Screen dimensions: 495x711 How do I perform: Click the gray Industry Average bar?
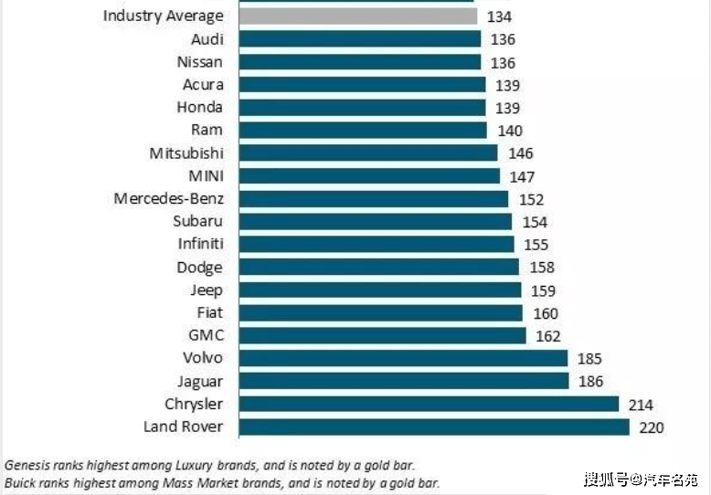pyautogui.click(x=357, y=16)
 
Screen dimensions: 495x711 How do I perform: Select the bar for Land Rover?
pyautogui.click(x=434, y=427)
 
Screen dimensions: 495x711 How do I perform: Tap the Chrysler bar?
pyautogui.click(x=429, y=404)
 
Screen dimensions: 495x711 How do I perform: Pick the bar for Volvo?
pyautogui.click(x=403, y=358)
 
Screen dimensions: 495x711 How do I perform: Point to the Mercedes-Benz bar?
pyautogui.click(x=373, y=198)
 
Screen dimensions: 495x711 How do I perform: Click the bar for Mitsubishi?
pyautogui.click(x=367, y=153)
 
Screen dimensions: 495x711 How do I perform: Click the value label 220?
pyautogui.click(x=651, y=427)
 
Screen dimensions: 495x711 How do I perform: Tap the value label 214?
pyautogui.click(x=640, y=405)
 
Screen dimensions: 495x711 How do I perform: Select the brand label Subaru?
pyautogui.click(x=198, y=221)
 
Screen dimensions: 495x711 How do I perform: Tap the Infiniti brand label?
pyautogui.click(x=200, y=244)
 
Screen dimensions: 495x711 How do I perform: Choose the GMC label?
pyautogui.click(x=206, y=335)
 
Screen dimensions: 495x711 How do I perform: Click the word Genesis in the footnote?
pyautogui.click(x=27, y=464)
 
